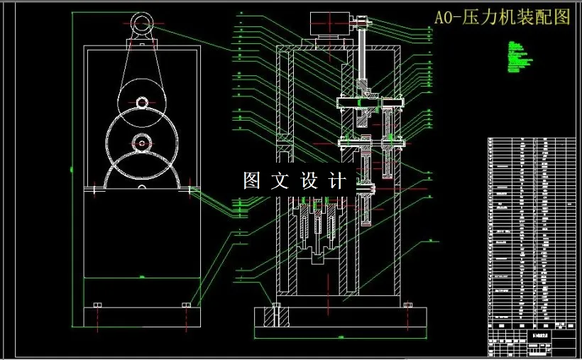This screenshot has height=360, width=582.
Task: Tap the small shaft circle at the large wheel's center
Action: pyautogui.click(x=142, y=143)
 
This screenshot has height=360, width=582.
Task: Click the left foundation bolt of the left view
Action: pyautogui.click(x=97, y=305)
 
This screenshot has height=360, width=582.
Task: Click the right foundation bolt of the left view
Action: pyautogui.click(x=186, y=305)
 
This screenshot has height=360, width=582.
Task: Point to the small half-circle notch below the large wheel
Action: pyautogui.click(x=142, y=187)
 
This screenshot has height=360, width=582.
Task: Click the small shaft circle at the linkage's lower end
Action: pyautogui.click(x=142, y=103)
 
